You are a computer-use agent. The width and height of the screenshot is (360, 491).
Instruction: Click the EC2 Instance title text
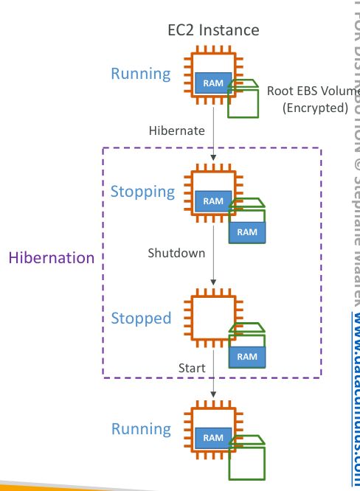coord(213,30)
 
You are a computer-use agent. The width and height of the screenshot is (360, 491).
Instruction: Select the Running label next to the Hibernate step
coord(140,74)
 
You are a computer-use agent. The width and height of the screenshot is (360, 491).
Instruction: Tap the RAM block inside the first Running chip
coord(213,83)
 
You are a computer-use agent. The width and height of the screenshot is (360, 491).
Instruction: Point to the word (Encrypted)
coord(315,108)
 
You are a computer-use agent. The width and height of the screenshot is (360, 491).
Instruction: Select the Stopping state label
coord(142,192)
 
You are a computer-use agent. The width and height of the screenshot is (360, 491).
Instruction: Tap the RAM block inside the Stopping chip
coord(213,201)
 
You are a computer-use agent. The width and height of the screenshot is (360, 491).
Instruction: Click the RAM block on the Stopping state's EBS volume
coord(247,232)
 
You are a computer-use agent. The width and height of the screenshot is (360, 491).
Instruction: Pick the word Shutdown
coord(176,253)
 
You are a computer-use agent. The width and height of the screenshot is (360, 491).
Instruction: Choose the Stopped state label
coord(141,318)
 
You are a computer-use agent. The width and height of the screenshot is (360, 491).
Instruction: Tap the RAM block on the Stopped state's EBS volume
coord(247,357)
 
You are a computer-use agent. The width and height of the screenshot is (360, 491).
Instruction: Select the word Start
coord(192,367)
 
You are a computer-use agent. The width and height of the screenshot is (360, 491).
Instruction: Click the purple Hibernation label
coord(52,258)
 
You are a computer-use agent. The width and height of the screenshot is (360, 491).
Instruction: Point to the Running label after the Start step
coord(140,429)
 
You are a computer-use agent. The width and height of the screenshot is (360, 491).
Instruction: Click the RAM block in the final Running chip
coord(213,437)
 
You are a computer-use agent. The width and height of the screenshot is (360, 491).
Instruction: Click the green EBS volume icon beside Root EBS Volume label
coord(244,99)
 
